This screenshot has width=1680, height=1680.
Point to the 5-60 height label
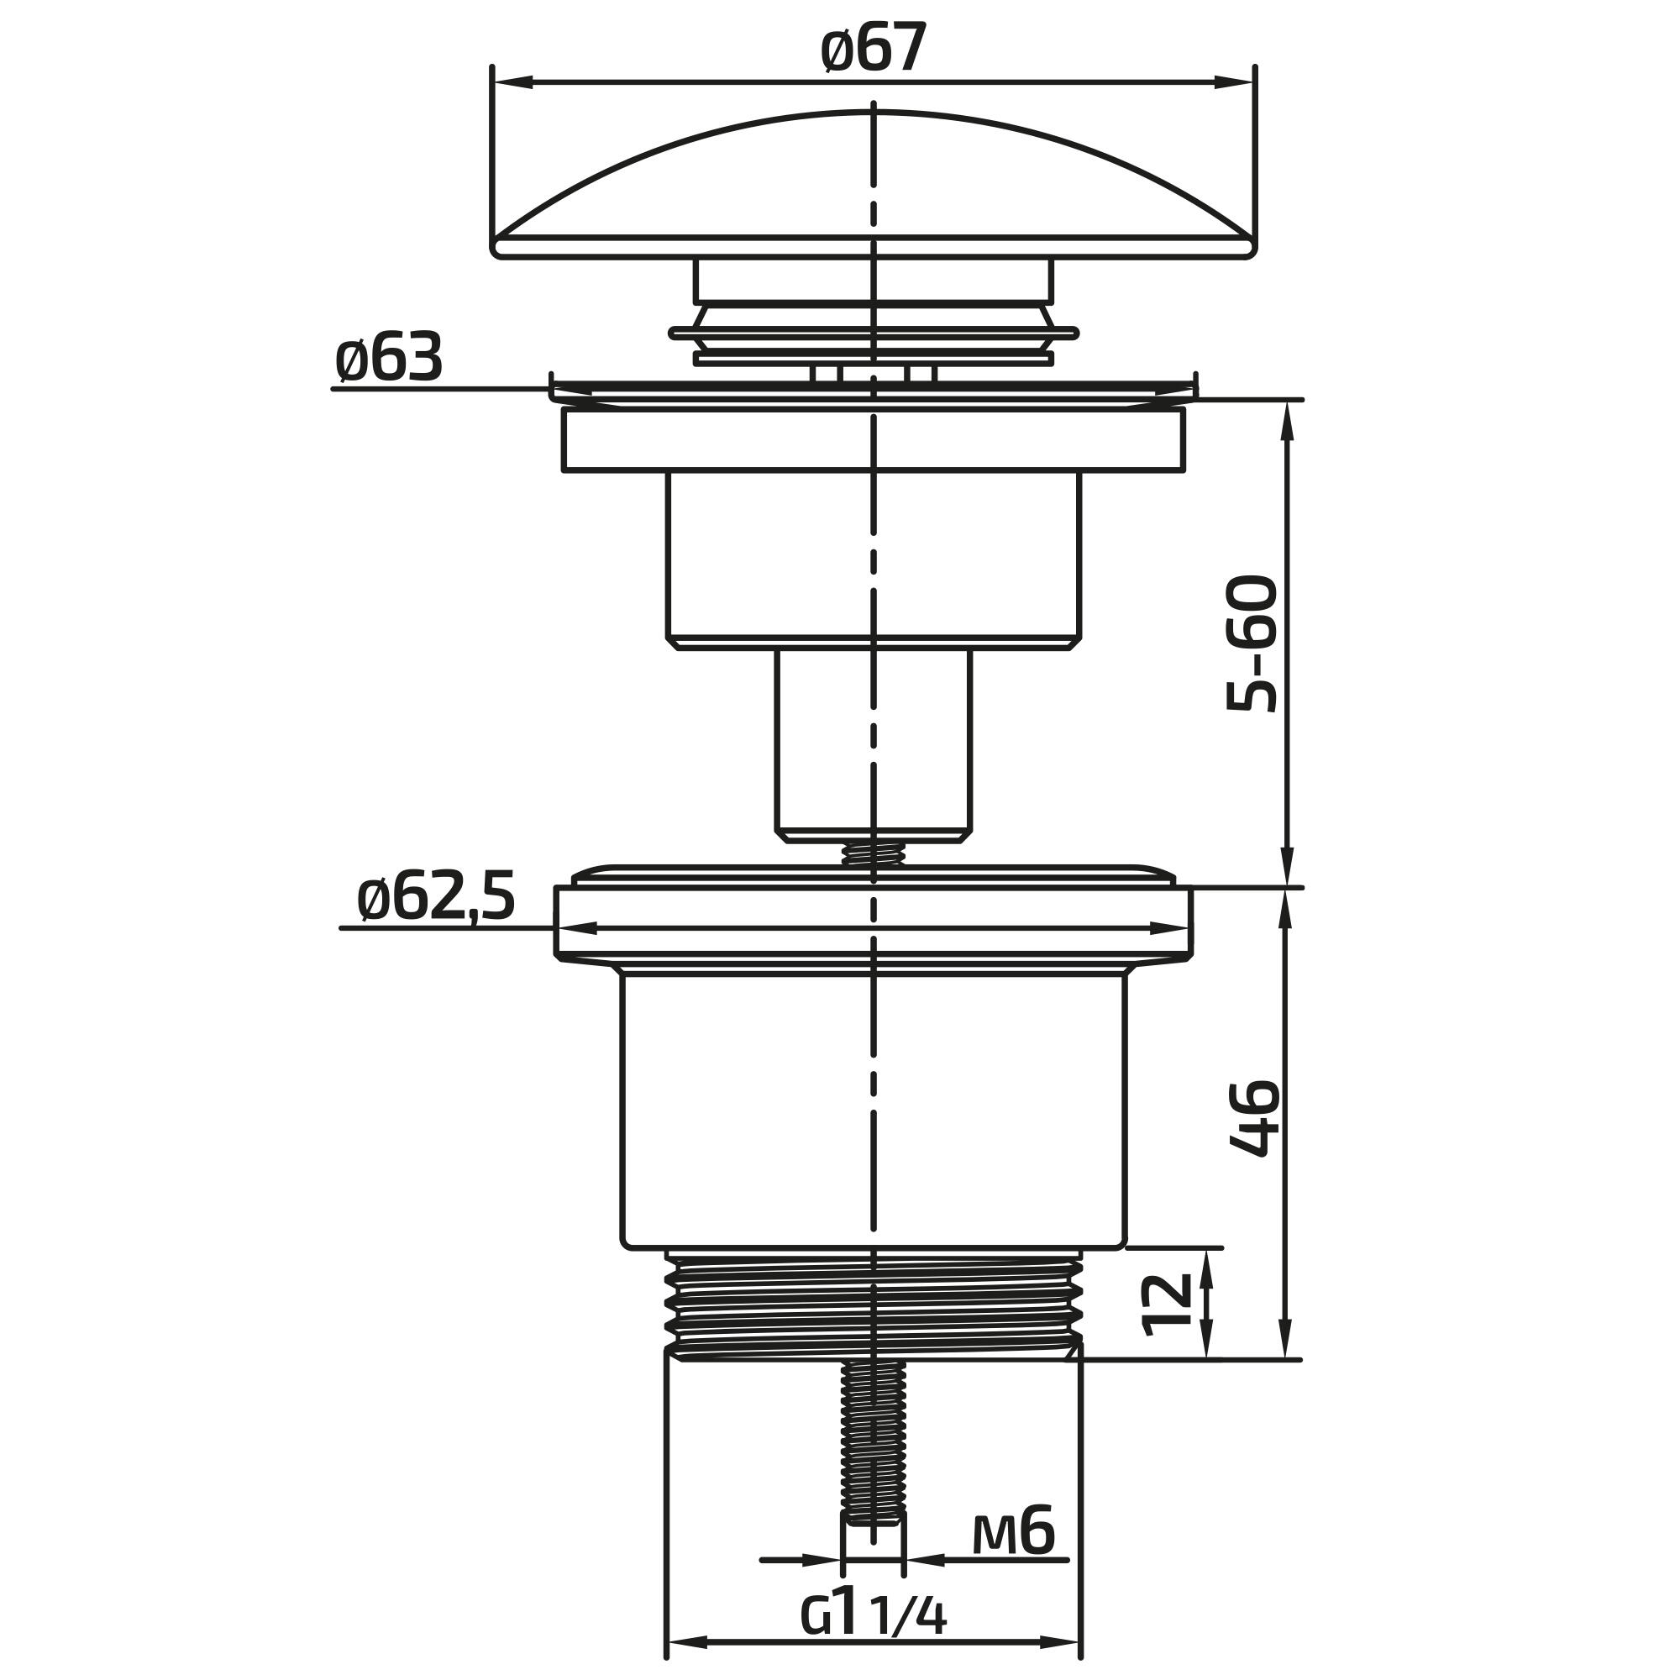[x=1252, y=643]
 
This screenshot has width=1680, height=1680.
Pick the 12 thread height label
[x=1166, y=1305]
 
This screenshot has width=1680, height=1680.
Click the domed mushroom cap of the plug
[x=874, y=184]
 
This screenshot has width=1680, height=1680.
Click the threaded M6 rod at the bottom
[x=874, y=1442]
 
